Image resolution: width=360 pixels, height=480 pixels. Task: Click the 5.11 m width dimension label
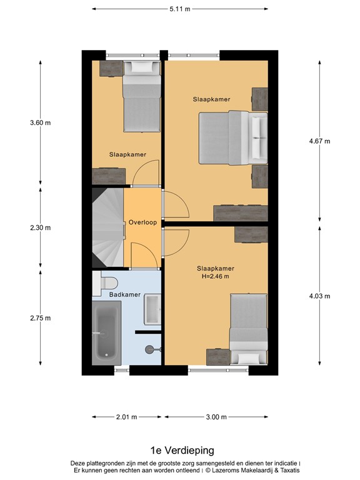[179, 9]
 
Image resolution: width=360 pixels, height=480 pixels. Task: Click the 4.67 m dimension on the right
[319, 141]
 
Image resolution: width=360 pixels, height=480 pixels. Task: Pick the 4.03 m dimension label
[319, 296]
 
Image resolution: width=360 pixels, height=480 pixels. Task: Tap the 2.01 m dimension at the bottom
[126, 417]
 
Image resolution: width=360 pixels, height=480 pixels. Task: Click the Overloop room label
[142, 222]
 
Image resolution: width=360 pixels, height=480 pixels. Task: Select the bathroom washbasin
[152, 309]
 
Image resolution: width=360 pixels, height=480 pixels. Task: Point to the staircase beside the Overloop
[107, 227]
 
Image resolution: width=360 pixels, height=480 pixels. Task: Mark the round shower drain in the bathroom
[149, 349]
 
